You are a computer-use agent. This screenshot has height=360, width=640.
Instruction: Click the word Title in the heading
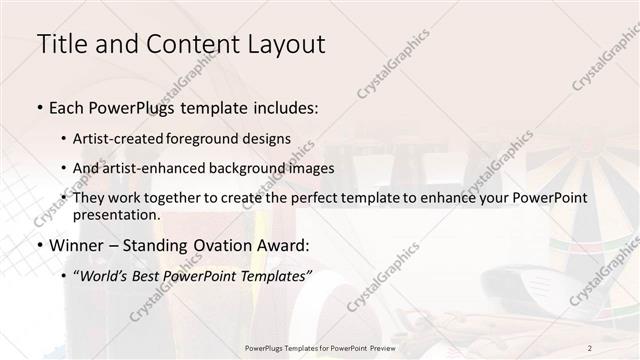point(58,44)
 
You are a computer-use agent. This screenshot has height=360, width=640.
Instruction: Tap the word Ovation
point(235,245)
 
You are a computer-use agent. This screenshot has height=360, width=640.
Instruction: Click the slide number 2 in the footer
point(590,347)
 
